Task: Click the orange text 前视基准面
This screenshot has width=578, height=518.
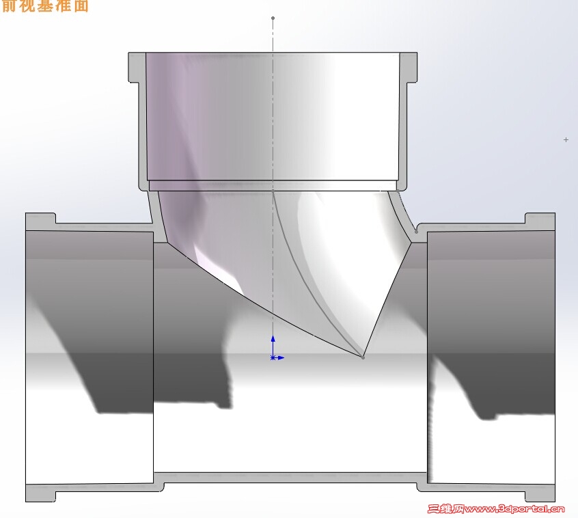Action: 44,6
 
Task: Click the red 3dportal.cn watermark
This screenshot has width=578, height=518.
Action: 496,508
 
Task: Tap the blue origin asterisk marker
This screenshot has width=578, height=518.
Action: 273,357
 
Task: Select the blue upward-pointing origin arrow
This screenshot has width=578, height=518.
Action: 273,342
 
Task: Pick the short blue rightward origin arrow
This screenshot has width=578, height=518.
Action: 280,357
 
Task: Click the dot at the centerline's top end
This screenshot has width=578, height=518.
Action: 273,18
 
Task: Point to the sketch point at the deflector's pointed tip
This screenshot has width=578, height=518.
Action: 363,357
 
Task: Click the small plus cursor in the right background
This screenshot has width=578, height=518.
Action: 566,139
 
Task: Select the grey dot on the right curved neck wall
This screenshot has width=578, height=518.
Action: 416,232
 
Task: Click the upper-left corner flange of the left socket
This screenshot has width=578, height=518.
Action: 40,221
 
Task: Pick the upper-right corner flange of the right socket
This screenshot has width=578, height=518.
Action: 540,221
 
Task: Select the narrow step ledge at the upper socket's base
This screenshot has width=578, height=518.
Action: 273,185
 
